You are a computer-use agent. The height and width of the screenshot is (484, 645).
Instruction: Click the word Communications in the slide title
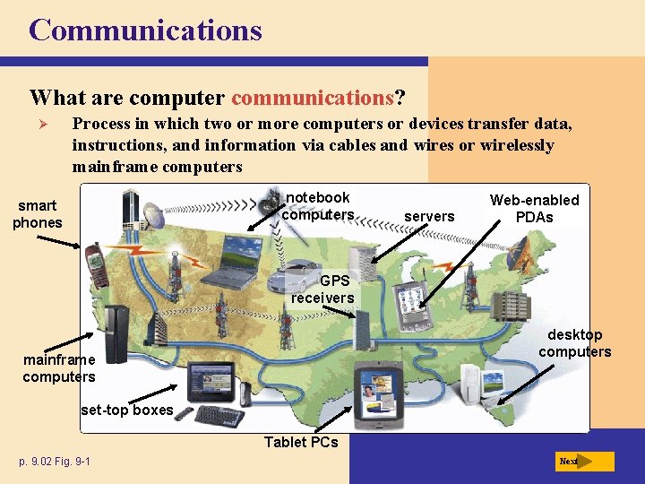pyautogui.click(x=145, y=30)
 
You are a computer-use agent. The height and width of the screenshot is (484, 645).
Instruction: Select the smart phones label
pyautogui.click(x=38, y=214)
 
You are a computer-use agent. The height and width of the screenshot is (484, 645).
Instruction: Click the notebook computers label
pyautogui.click(x=318, y=206)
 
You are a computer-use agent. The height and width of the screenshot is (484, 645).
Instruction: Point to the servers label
pyautogui.click(x=429, y=216)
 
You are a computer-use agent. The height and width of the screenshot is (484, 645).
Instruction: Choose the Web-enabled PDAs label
pyautogui.click(x=534, y=208)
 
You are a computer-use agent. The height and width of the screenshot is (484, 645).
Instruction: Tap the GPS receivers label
pyautogui.click(x=323, y=289)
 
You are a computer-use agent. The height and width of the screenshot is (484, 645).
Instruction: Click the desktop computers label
pyautogui.click(x=574, y=343)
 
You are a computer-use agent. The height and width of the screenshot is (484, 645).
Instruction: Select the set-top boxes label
pyautogui.click(x=126, y=410)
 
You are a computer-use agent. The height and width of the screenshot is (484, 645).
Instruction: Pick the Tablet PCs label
pyautogui.click(x=301, y=441)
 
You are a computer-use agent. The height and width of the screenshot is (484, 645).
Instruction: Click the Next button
pyautogui.click(x=583, y=462)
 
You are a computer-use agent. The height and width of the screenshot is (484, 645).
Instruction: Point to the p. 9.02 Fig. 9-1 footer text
pyautogui.click(x=54, y=462)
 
